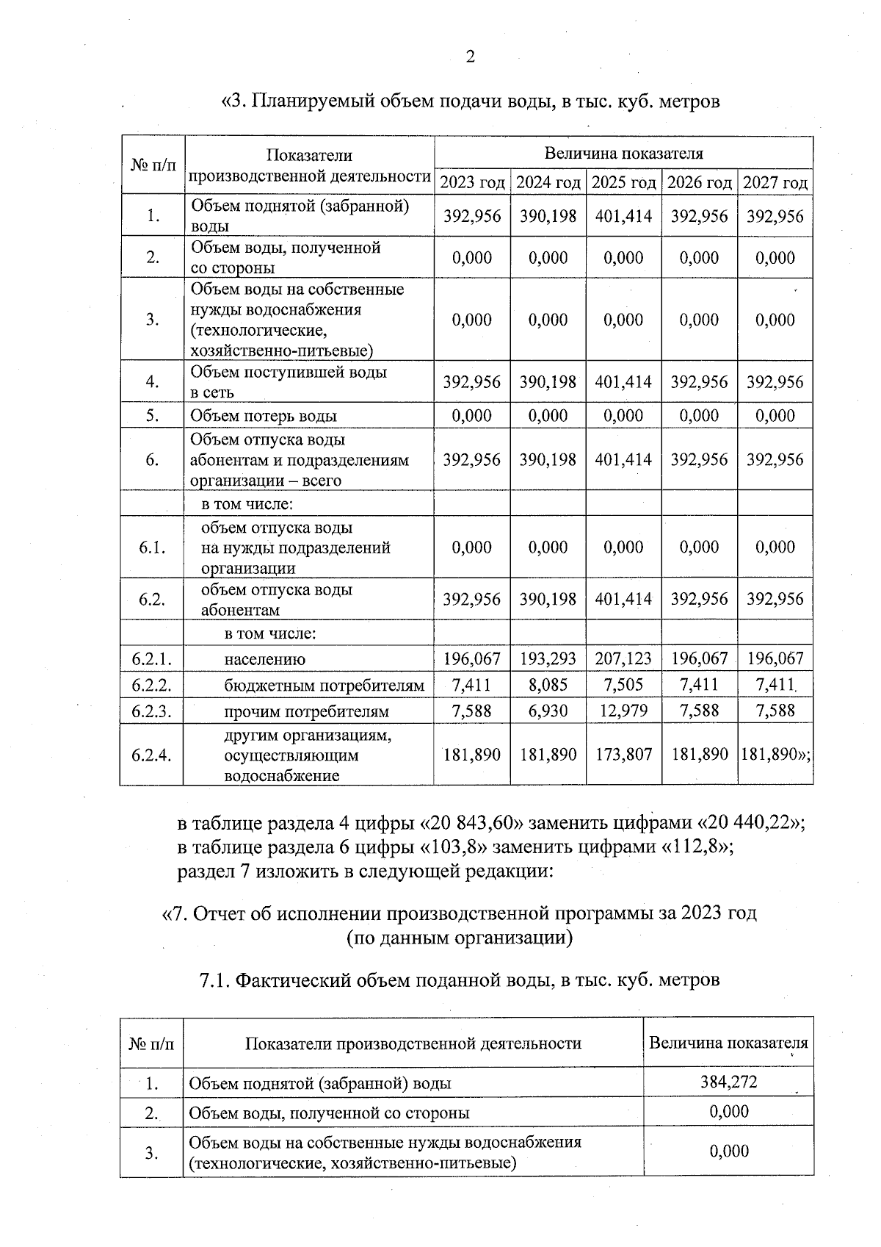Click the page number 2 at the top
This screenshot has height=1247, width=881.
(x=470, y=57)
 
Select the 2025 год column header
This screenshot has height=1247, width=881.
(x=623, y=182)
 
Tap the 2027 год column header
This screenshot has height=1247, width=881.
(x=775, y=182)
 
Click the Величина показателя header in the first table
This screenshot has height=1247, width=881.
(x=623, y=154)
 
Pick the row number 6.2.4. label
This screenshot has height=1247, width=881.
(x=151, y=755)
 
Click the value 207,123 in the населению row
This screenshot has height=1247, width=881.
(x=623, y=658)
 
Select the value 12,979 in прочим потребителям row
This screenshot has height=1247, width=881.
(x=623, y=711)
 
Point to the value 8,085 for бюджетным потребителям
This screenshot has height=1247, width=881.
(x=548, y=685)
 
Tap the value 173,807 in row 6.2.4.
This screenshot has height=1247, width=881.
(x=623, y=755)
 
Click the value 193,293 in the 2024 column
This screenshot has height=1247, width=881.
(x=548, y=658)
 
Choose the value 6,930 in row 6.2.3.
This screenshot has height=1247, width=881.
(x=548, y=711)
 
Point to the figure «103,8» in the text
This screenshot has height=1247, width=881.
(x=453, y=847)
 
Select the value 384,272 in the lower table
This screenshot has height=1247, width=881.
(x=728, y=1082)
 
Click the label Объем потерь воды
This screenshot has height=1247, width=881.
(x=264, y=416)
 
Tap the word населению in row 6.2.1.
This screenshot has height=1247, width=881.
(x=264, y=659)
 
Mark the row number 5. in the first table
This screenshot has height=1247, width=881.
(x=152, y=416)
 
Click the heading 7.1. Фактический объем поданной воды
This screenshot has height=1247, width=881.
(x=460, y=980)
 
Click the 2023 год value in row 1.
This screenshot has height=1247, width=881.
(x=472, y=216)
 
